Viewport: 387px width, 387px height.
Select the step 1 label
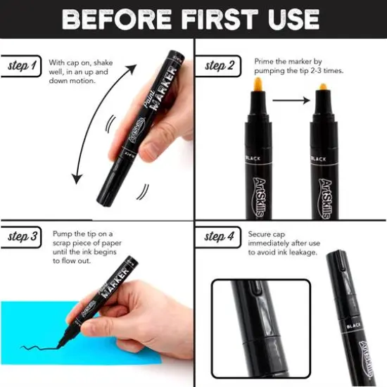tap(22, 66)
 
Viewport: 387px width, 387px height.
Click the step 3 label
tap(23, 236)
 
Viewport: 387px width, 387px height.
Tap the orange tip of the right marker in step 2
tap(324, 91)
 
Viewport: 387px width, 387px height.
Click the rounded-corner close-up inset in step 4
tap(261, 328)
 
